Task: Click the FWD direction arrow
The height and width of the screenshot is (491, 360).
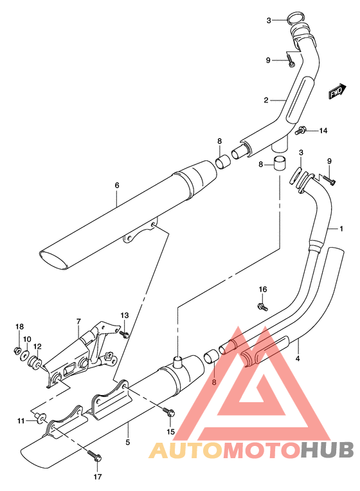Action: pyautogui.click(x=335, y=93)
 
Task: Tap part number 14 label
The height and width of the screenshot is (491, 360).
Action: pyautogui.click(x=323, y=131)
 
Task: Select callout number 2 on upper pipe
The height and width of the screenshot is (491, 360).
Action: pyautogui.click(x=264, y=100)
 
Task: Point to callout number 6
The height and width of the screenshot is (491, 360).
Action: pyautogui.click(x=117, y=186)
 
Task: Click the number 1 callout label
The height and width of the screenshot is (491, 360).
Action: pyautogui.click(x=341, y=228)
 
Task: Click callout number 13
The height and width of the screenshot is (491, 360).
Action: pyautogui.click(x=124, y=315)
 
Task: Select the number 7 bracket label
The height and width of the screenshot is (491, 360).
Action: pyautogui.click(x=78, y=320)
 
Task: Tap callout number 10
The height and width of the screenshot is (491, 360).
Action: pyautogui.click(x=26, y=339)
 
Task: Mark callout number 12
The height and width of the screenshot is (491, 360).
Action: pyautogui.click(x=37, y=346)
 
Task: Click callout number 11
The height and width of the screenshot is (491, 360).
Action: pyautogui.click(x=21, y=420)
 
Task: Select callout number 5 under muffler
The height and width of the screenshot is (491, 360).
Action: pyautogui.click(x=127, y=442)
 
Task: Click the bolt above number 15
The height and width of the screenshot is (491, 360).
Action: pyautogui.click(x=170, y=414)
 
